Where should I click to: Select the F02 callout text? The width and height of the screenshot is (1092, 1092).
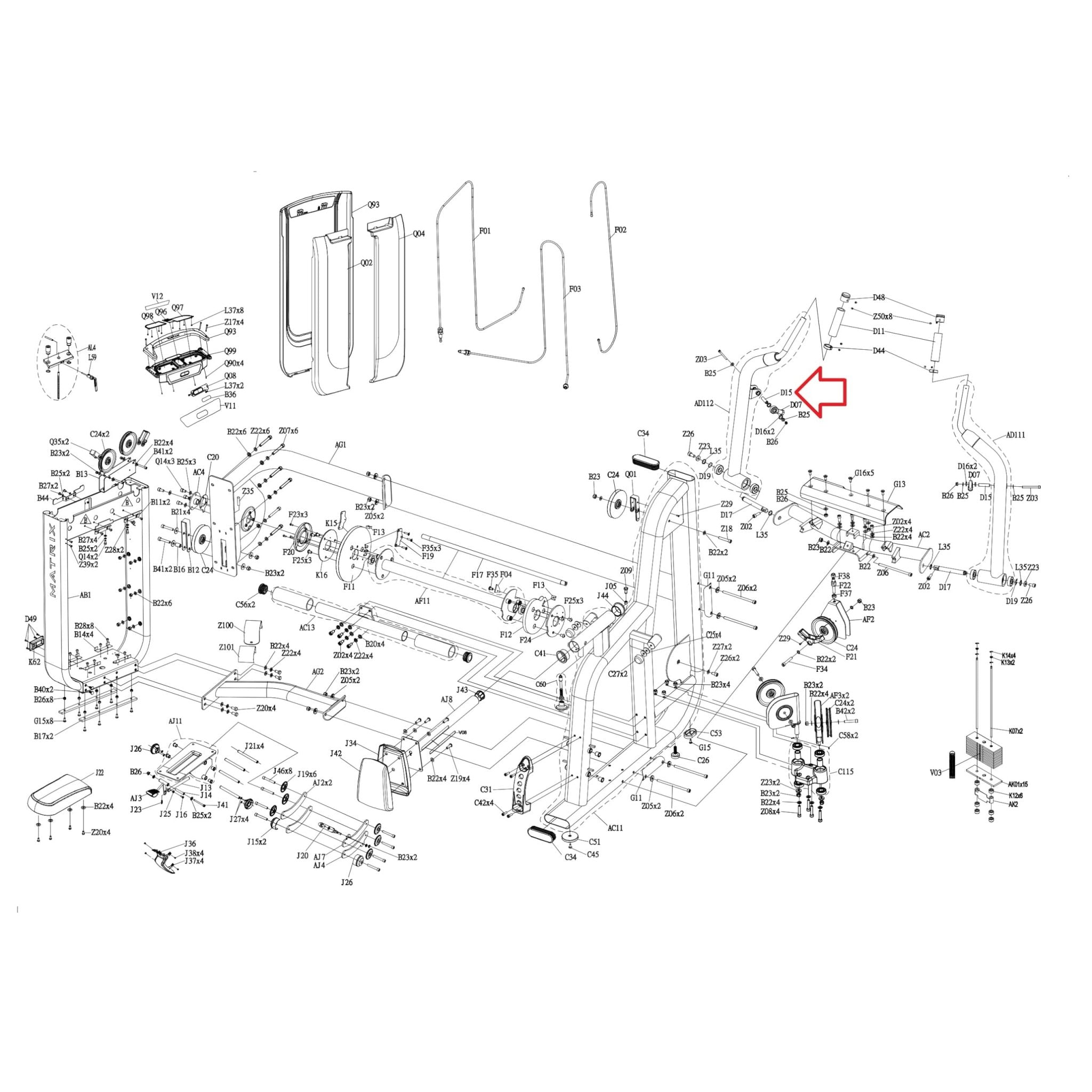620,230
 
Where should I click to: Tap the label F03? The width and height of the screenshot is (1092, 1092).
574,289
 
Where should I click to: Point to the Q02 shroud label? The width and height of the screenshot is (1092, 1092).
367,263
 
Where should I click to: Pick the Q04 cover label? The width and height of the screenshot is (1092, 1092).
419,234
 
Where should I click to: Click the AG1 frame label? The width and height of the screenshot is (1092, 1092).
340,445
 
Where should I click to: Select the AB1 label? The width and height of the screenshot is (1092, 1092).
85,595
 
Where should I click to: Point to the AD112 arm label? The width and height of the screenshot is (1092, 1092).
704,404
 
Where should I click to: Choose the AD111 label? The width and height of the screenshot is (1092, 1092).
1016,435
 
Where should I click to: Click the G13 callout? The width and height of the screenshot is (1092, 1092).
900,484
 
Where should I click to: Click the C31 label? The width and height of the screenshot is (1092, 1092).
487,790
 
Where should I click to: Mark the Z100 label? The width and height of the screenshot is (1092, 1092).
226,625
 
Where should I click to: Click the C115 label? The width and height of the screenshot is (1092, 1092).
846,771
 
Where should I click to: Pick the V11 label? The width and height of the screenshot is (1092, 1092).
230,406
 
